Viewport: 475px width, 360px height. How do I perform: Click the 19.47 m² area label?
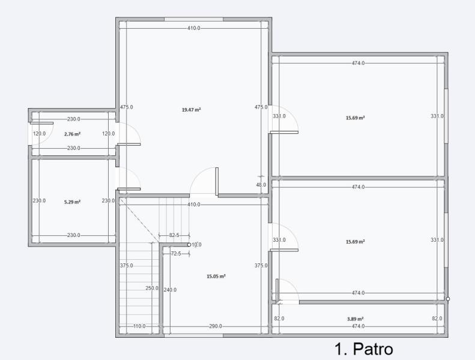191,110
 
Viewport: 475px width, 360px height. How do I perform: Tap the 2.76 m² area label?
73,134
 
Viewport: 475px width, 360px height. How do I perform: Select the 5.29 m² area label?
73,202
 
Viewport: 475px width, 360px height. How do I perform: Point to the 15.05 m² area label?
216,276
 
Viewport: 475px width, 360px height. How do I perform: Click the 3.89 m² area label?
355,319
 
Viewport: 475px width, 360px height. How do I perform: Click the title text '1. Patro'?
364,349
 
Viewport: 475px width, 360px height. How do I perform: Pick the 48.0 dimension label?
261,185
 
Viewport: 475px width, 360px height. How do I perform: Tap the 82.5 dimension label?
174,235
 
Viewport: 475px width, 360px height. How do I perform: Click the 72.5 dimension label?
176,253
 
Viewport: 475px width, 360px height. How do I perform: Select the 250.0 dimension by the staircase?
152,288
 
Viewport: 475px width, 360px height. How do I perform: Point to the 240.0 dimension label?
170,290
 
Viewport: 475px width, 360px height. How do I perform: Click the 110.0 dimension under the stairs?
139,326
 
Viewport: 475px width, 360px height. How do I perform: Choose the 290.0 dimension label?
216,326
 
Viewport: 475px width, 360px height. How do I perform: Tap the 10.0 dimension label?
196,245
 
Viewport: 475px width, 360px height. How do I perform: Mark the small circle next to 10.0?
189,245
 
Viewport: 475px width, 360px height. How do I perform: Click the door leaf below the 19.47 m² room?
217,181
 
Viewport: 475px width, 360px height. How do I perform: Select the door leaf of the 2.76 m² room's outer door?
42,123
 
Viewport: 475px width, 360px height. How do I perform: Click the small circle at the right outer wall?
448,299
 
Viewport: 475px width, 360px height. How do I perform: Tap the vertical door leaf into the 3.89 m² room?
277,289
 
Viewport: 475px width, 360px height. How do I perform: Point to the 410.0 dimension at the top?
193,28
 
